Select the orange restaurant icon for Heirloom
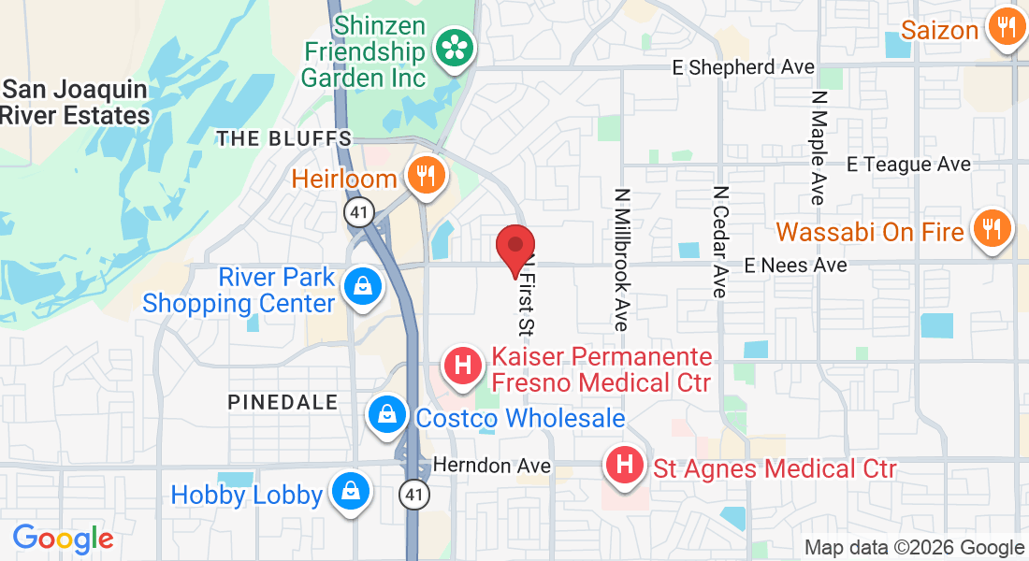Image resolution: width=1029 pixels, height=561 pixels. [x=425, y=175]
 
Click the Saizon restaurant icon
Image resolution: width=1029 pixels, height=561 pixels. [x=1006, y=28]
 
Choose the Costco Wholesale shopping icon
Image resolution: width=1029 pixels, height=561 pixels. [x=385, y=414]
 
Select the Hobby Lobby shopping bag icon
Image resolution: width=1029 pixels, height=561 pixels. [x=350, y=492]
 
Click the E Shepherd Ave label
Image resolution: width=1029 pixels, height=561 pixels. [x=744, y=67]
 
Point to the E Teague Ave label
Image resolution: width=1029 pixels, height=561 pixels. [x=908, y=165]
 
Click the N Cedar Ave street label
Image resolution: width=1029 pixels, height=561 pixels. [x=719, y=241]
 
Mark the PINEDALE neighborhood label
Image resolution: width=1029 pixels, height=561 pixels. [x=283, y=402]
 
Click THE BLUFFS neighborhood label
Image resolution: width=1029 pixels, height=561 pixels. [x=284, y=139]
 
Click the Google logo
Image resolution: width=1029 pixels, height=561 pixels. [x=63, y=539]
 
